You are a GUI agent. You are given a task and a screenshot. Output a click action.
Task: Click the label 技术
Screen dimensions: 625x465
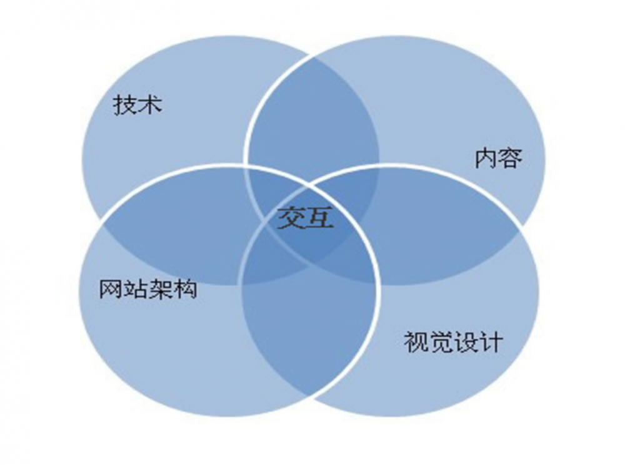(137, 105)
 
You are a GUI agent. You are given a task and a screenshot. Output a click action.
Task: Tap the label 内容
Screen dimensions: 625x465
(498, 158)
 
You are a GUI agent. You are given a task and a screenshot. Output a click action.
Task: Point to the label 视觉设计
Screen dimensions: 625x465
(454, 342)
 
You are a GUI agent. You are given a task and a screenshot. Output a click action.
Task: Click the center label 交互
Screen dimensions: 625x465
(305, 218)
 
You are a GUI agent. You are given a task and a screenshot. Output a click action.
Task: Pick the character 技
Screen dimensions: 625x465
(125, 105)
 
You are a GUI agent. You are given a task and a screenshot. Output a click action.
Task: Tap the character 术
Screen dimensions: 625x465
(150, 105)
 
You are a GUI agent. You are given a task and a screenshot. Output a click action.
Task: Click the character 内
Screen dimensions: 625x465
(486, 158)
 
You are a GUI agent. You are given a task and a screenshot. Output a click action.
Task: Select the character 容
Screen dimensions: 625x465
(511, 158)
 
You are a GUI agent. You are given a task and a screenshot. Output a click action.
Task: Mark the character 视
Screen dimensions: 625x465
(416, 342)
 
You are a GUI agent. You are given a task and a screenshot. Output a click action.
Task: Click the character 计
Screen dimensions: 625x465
(491, 342)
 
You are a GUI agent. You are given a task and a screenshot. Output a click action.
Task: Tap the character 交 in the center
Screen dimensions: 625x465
(291, 218)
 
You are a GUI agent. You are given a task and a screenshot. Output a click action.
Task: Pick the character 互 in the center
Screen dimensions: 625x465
(319, 218)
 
